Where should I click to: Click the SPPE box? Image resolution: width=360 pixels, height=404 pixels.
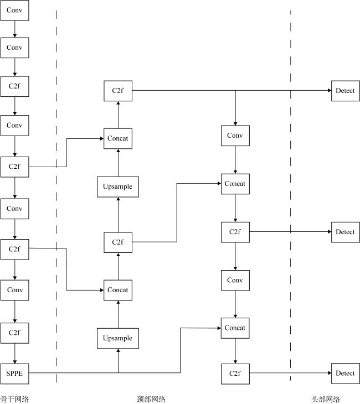click(x=14, y=374)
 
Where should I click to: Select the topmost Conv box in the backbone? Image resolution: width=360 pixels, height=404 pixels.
click(x=14, y=11)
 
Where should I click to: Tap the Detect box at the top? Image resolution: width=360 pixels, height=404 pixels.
click(x=345, y=91)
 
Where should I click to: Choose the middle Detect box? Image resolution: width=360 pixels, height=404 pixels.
click(x=345, y=232)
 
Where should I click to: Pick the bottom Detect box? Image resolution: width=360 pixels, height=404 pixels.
click(x=345, y=373)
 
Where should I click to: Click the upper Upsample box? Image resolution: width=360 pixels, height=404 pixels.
click(x=117, y=187)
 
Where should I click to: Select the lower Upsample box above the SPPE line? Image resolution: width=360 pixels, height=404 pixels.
click(x=117, y=338)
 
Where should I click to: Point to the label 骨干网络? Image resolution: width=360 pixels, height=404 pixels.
click(x=14, y=399)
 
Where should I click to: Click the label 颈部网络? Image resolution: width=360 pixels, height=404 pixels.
click(x=151, y=399)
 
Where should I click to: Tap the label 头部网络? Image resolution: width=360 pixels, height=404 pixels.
click(x=325, y=399)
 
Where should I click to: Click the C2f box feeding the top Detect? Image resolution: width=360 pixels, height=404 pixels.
click(x=117, y=91)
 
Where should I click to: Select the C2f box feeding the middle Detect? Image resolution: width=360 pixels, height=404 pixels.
click(x=235, y=232)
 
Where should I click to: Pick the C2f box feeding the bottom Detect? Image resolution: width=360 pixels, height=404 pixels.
click(x=235, y=374)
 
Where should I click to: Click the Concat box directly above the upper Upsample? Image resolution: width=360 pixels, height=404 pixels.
click(x=117, y=138)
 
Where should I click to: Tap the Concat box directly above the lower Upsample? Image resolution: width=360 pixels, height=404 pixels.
click(x=117, y=290)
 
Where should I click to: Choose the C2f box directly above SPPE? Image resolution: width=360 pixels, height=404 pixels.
click(x=14, y=333)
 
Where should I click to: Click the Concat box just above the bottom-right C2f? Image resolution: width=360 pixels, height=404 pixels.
click(x=235, y=328)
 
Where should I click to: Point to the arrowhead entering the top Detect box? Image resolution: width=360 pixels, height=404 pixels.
click(x=328, y=91)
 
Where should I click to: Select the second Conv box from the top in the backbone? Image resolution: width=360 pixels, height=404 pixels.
click(x=14, y=48)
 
